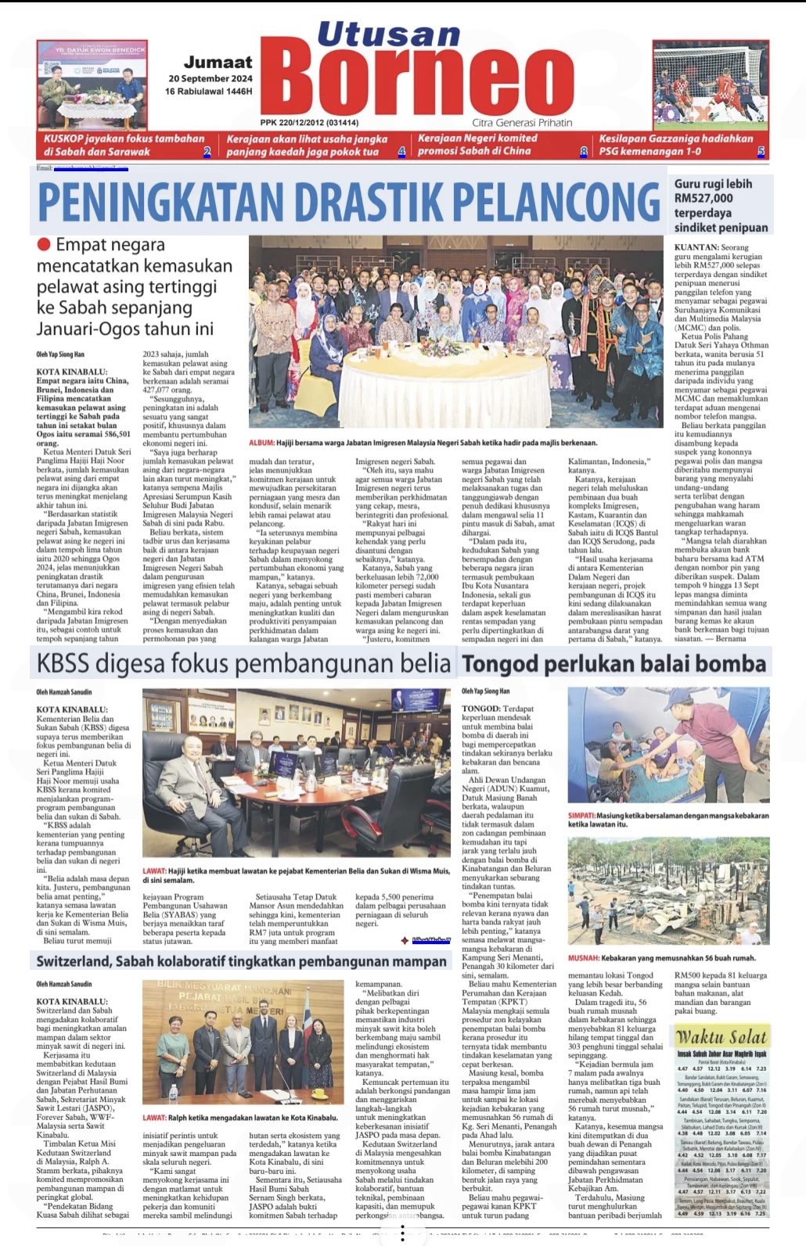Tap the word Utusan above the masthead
(388, 34)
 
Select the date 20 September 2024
(210, 78)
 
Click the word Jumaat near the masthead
(218, 62)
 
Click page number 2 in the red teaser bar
(207, 152)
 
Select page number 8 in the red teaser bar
(584, 152)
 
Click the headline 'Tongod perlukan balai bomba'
(613, 664)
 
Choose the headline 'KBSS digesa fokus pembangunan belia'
(243, 663)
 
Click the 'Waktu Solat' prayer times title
(721, 1037)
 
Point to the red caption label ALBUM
(261, 443)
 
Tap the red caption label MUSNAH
(583, 957)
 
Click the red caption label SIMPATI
(584, 815)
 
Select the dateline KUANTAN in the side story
(695, 247)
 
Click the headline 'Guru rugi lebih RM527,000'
(721, 206)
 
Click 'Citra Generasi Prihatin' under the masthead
(522, 123)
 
